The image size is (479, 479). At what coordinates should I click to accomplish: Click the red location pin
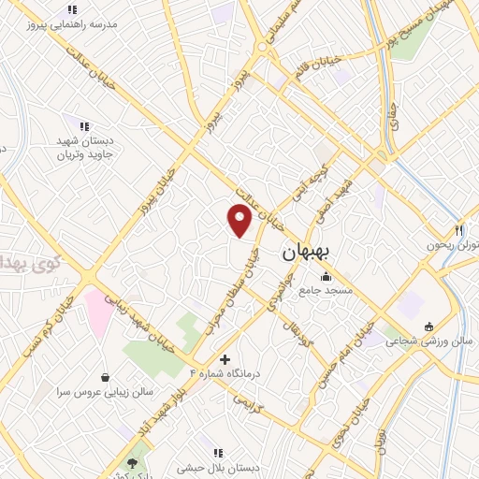[240, 218]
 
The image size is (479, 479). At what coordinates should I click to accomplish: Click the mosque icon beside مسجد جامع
[326, 276]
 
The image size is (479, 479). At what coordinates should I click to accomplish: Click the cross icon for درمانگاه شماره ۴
[225, 359]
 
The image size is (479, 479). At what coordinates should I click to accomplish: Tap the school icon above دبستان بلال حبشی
[217, 454]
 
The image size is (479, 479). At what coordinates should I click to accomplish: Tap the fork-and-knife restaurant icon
[458, 230]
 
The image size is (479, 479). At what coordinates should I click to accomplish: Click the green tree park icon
[134, 461]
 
